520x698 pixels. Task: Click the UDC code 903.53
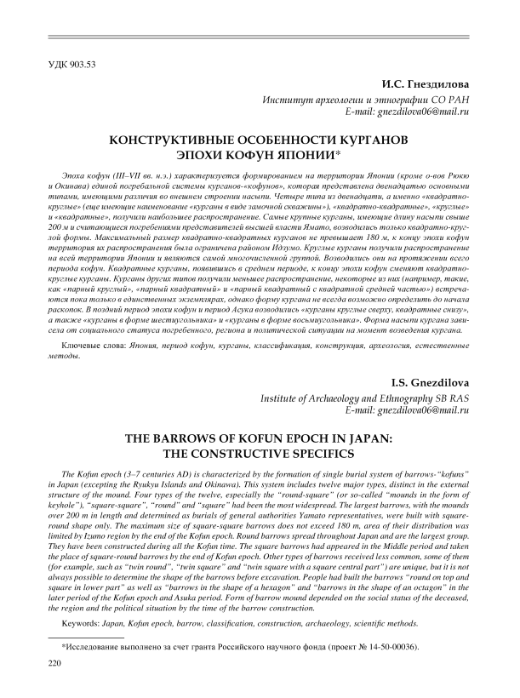(x=67, y=65)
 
